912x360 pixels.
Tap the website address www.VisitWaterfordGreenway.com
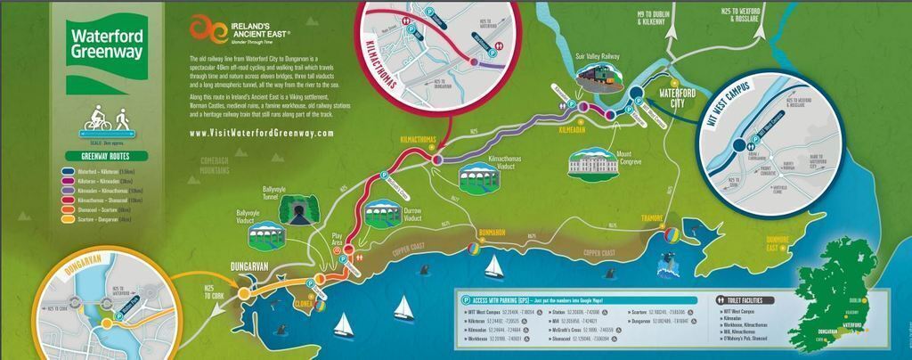[x=262, y=134]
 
